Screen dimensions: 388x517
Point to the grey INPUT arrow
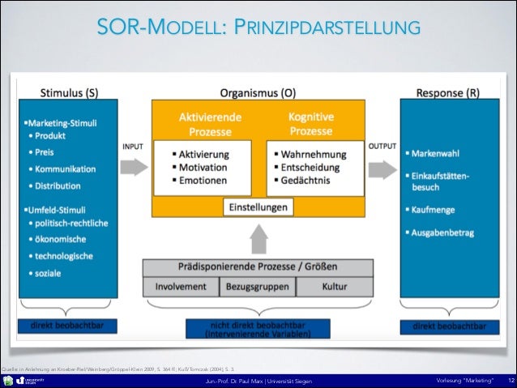click(x=135, y=168)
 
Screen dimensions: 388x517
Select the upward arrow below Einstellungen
click(x=258, y=237)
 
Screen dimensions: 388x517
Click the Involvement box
click(x=181, y=286)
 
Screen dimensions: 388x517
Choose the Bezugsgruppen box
click(x=258, y=286)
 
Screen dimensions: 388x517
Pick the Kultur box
click(x=334, y=286)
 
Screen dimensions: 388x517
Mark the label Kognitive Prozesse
click(x=311, y=124)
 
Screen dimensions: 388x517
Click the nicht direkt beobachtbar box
click(x=258, y=328)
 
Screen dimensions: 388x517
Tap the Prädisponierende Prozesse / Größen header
click(x=258, y=266)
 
